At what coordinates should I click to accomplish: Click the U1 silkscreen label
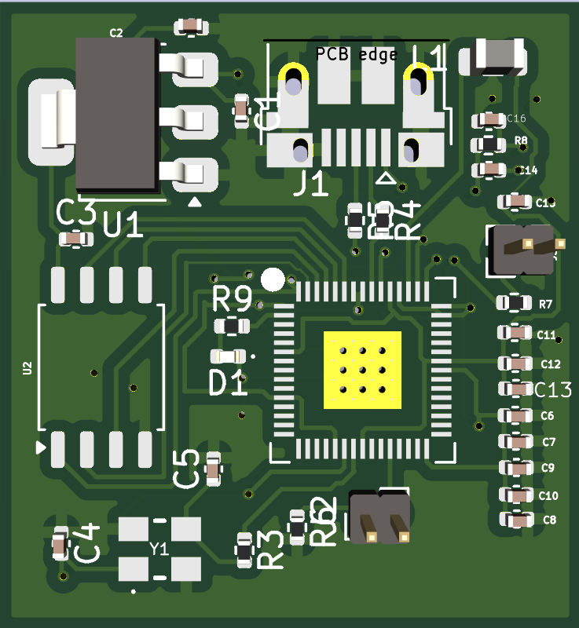(x=124, y=227)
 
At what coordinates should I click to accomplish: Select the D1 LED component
(x=226, y=356)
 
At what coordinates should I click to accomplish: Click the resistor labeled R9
(x=232, y=325)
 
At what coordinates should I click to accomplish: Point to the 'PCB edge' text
(x=357, y=54)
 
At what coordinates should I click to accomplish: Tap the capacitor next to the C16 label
(x=490, y=119)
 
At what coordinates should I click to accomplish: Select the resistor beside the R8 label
(x=490, y=144)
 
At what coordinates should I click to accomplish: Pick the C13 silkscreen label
(x=553, y=389)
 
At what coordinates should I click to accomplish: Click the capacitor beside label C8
(x=516, y=519)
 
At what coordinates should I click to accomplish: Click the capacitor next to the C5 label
(x=212, y=469)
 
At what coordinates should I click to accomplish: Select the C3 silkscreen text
(x=76, y=212)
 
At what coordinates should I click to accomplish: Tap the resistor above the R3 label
(x=245, y=549)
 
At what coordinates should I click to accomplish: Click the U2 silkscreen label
(x=27, y=367)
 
